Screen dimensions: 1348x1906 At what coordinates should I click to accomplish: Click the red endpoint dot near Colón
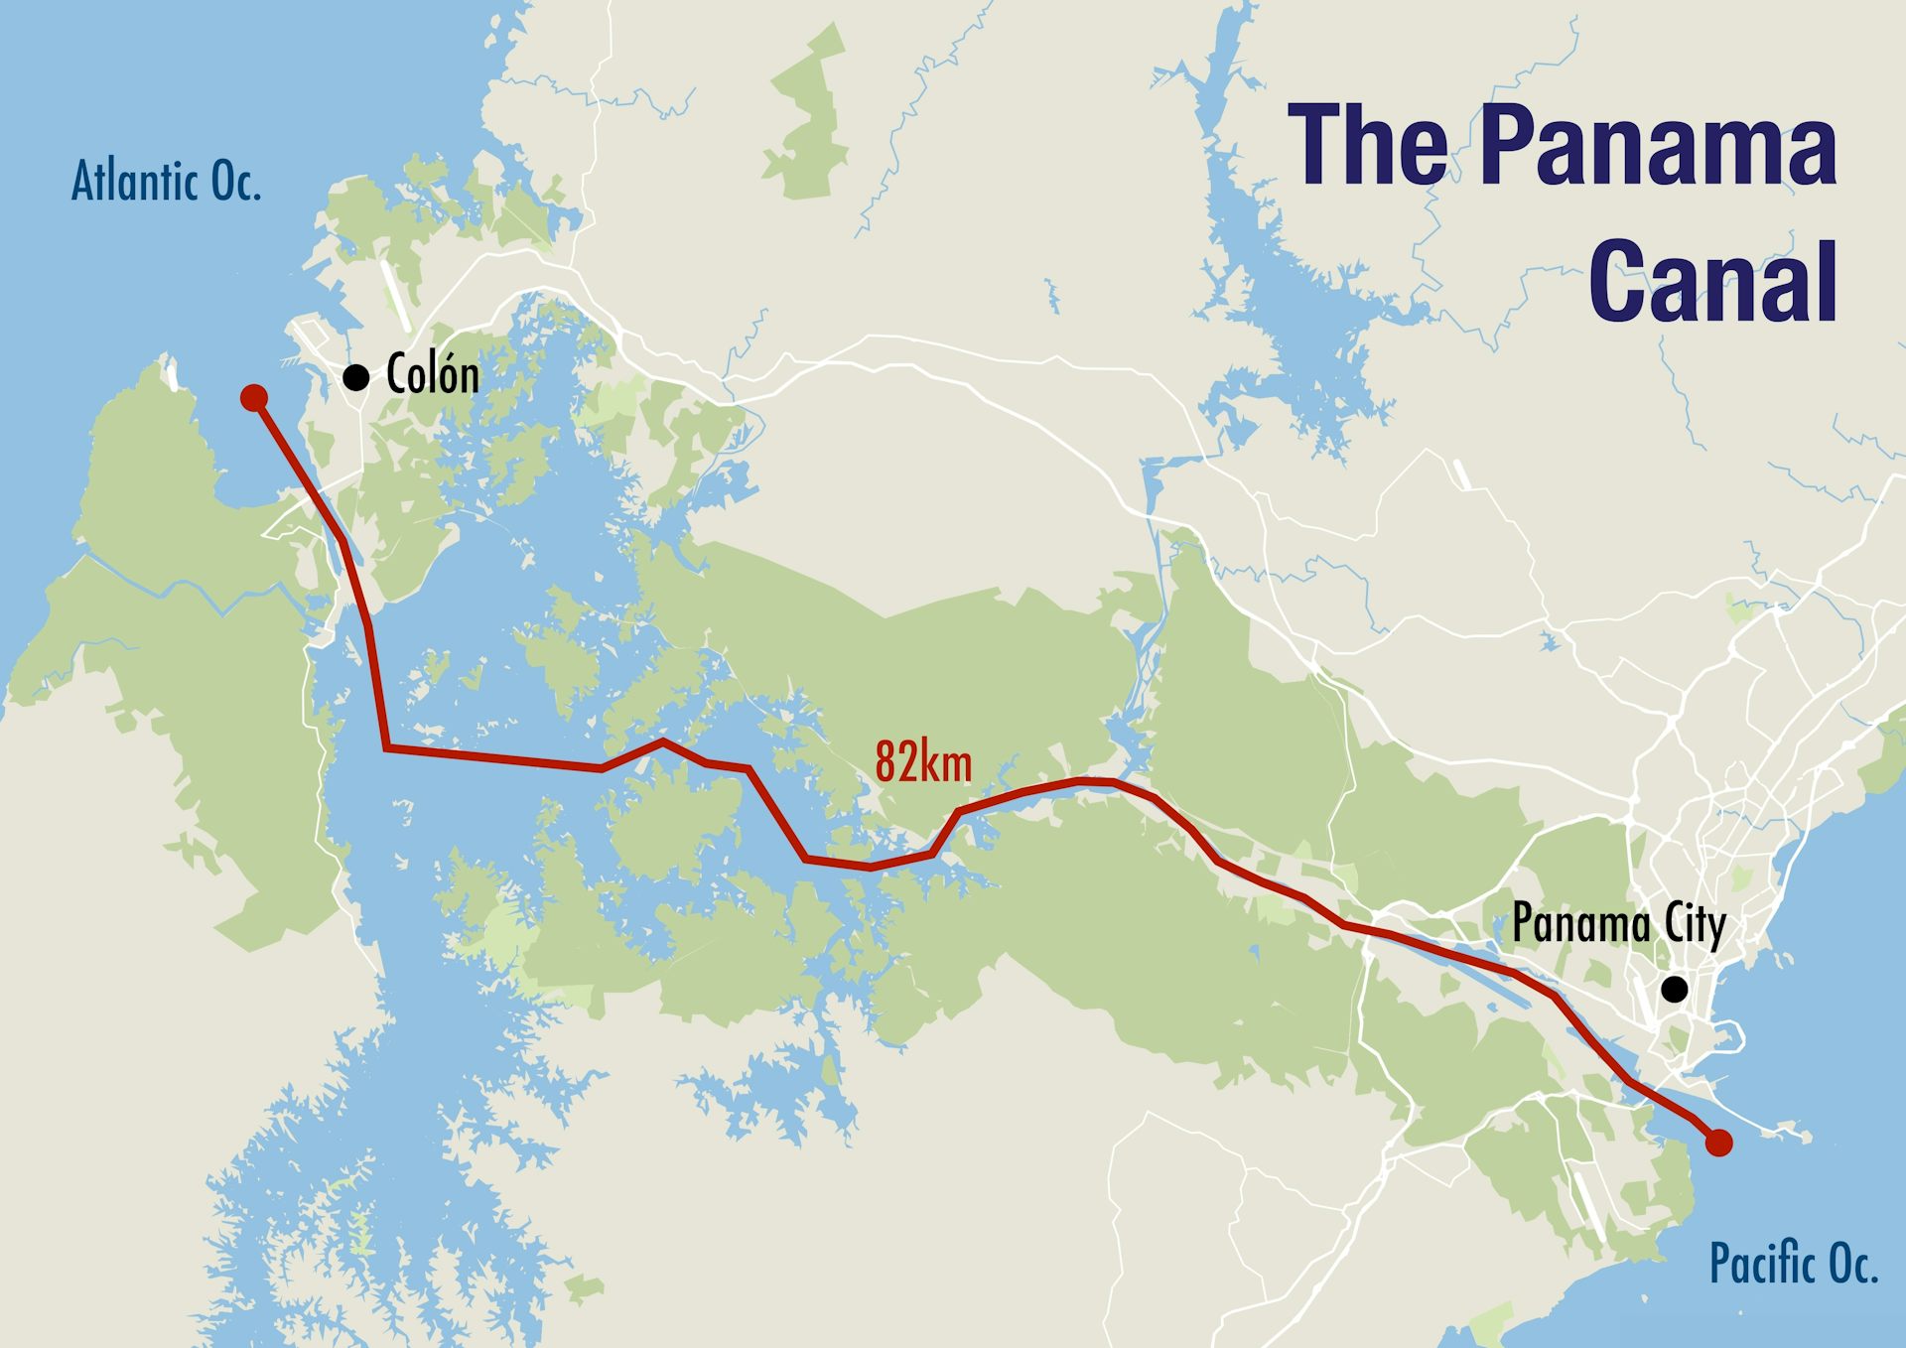(254, 398)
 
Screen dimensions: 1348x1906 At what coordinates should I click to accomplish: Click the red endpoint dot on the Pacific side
(1718, 1143)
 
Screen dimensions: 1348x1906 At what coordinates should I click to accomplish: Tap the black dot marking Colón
(356, 377)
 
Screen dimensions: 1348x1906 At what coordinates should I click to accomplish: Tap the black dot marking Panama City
(1675, 989)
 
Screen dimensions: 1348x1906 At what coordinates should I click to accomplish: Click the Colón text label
(433, 375)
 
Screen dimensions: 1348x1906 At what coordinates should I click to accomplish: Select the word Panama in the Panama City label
(1581, 924)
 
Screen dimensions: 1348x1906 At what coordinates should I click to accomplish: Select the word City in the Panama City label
(1696, 924)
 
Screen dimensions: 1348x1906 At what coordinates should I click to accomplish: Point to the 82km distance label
(923, 762)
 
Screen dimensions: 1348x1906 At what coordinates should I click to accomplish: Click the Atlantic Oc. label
(167, 182)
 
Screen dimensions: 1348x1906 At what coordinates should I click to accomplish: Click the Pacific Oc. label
(1793, 1264)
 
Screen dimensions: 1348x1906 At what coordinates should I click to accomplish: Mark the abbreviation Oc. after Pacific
(1852, 1264)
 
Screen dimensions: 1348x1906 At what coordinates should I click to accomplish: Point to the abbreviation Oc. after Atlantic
(235, 182)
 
